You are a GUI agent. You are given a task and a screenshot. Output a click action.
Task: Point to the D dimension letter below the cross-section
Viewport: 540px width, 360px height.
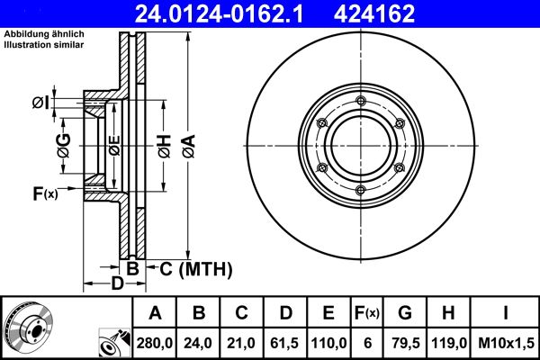coord(117,285)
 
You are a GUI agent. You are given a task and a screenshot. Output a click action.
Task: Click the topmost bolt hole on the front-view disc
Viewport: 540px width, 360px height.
coord(359,100)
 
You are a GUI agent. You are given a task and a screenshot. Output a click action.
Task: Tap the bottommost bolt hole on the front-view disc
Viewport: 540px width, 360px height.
coord(359,188)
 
